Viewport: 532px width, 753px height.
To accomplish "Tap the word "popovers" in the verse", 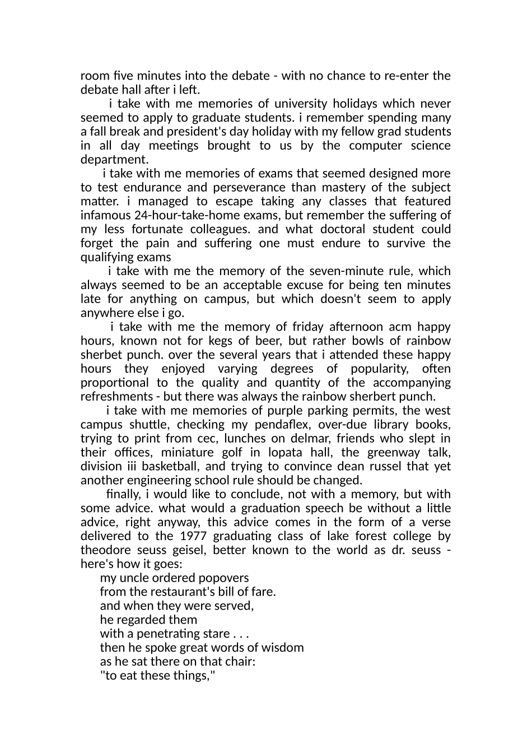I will [x=224, y=578].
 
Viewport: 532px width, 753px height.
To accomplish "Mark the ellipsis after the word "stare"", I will [x=241, y=634].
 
